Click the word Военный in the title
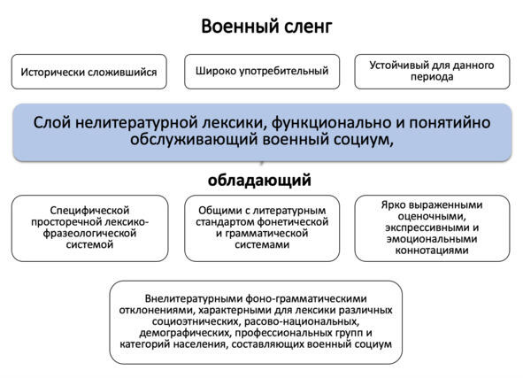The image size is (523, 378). click(x=235, y=26)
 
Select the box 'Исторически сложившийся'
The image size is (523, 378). click(x=89, y=72)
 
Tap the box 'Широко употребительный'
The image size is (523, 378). click(x=262, y=72)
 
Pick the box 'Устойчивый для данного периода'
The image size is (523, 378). click(x=432, y=72)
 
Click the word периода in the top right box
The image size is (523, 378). click(x=432, y=77)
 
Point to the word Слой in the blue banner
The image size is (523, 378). click(x=52, y=122)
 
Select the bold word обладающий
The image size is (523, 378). click(x=259, y=181)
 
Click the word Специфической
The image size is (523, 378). click(x=89, y=211)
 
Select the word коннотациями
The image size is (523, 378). click(x=432, y=251)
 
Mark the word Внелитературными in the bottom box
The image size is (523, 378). click(x=194, y=298)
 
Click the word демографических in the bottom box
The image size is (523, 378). click(x=185, y=333)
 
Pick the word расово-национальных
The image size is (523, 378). click(x=302, y=321)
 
